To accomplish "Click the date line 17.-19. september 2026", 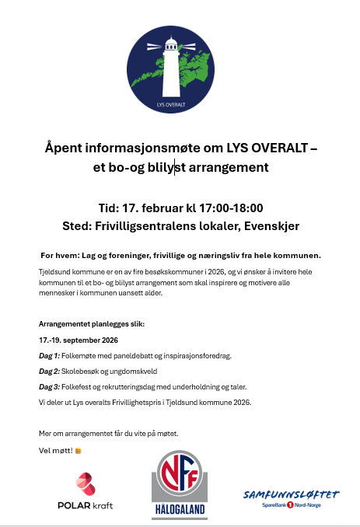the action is click(x=79, y=340).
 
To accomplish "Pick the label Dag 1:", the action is click(x=49, y=355).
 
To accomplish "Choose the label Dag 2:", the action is click(x=49, y=371).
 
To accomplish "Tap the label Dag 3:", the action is click(x=49, y=386).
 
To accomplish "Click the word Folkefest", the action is click(x=78, y=386).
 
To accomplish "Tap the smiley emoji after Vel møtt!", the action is click(x=78, y=450).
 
